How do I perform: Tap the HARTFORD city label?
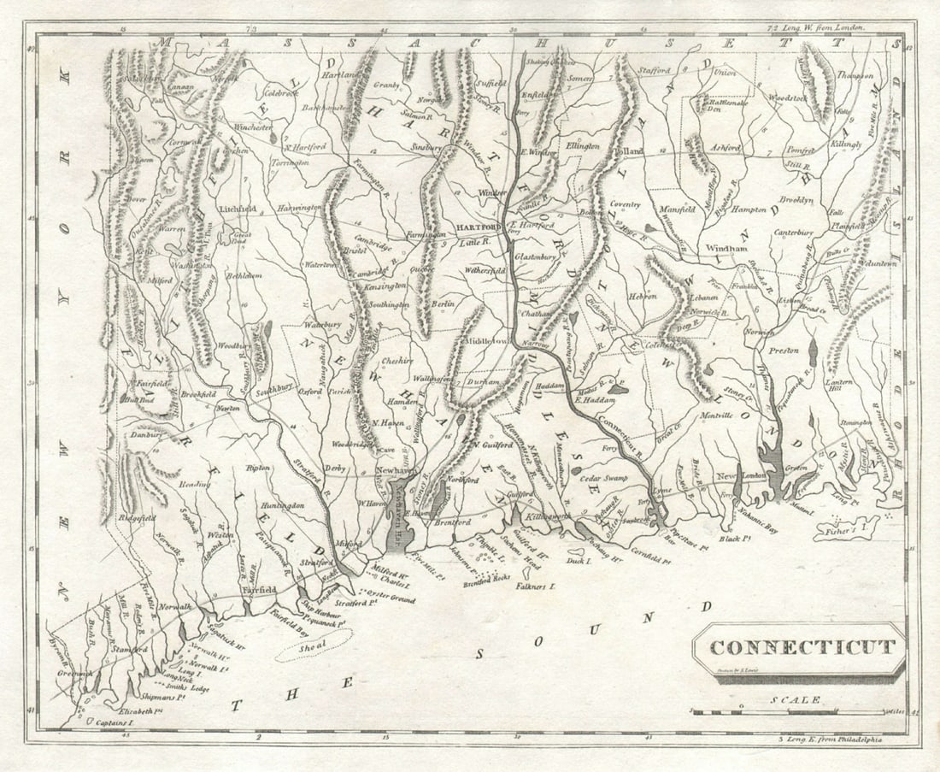(476, 228)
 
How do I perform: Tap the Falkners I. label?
(535, 587)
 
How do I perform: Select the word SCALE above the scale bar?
(795, 699)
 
